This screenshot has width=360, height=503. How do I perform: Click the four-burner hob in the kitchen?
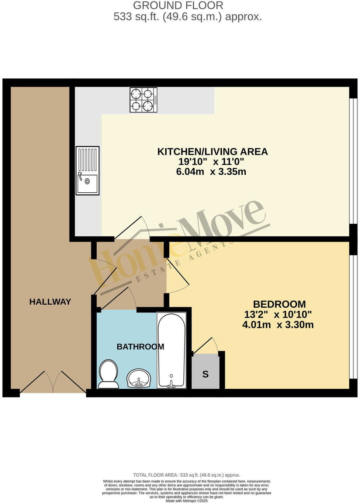point(144,100)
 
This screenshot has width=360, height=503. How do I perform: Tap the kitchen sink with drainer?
point(88,170)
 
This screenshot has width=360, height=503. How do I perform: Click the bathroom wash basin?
point(139,378)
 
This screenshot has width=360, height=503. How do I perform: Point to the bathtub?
point(171,351)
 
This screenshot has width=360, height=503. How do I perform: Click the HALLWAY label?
point(50,302)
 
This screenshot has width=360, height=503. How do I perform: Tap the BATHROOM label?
point(140,347)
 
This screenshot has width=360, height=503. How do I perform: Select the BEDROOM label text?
point(279,304)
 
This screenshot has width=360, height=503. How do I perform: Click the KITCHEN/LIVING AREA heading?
point(212,152)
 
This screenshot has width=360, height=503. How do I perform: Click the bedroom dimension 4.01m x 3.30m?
point(278,325)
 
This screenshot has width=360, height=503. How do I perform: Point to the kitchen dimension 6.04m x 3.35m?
point(211,172)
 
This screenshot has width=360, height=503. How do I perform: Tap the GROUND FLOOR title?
point(178,5)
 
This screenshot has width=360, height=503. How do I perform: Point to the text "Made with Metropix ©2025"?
point(186,501)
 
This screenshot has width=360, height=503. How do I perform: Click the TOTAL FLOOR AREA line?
point(186,475)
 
